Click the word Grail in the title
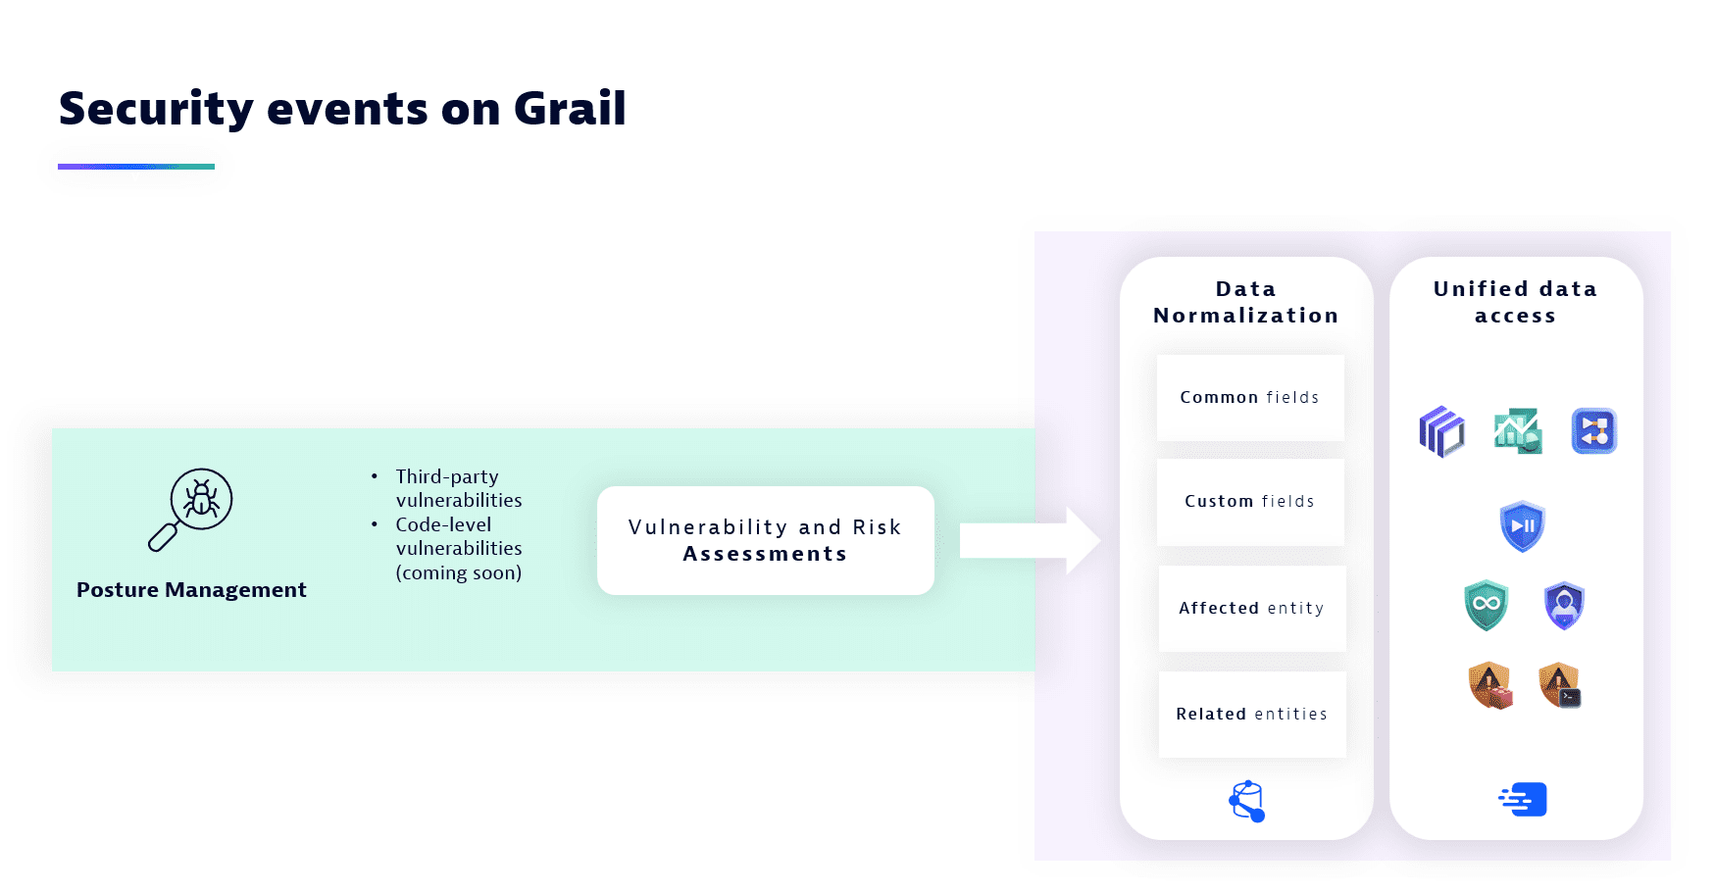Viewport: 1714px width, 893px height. tap(570, 108)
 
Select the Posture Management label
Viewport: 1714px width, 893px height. tap(191, 590)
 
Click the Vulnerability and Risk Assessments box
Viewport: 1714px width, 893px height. tap(766, 540)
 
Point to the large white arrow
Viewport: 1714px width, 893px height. tap(1030, 540)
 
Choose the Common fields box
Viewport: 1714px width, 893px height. tap(1250, 398)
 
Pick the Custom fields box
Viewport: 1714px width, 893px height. tap(1250, 502)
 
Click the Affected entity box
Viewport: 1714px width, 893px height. tap(1252, 609)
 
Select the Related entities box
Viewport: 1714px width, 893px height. tap(1252, 715)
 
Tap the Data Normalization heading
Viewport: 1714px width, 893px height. tap(1246, 302)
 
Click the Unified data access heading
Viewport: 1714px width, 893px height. tap(1516, 302)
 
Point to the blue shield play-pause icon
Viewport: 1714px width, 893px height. tap(1523, 526)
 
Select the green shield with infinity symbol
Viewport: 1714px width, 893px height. tap(1487, 605)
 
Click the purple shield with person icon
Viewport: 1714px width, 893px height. tap(1565, 605)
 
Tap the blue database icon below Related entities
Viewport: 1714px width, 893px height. tap(1247, 801)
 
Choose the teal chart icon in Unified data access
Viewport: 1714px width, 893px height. tap(1518, 431)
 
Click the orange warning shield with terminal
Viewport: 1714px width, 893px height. tap(1560, 685)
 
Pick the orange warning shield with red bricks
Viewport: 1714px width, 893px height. tap(1490, 685)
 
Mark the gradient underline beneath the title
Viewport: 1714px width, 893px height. tap(136, 167)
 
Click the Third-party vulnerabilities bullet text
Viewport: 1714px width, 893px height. tap(459, 488)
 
